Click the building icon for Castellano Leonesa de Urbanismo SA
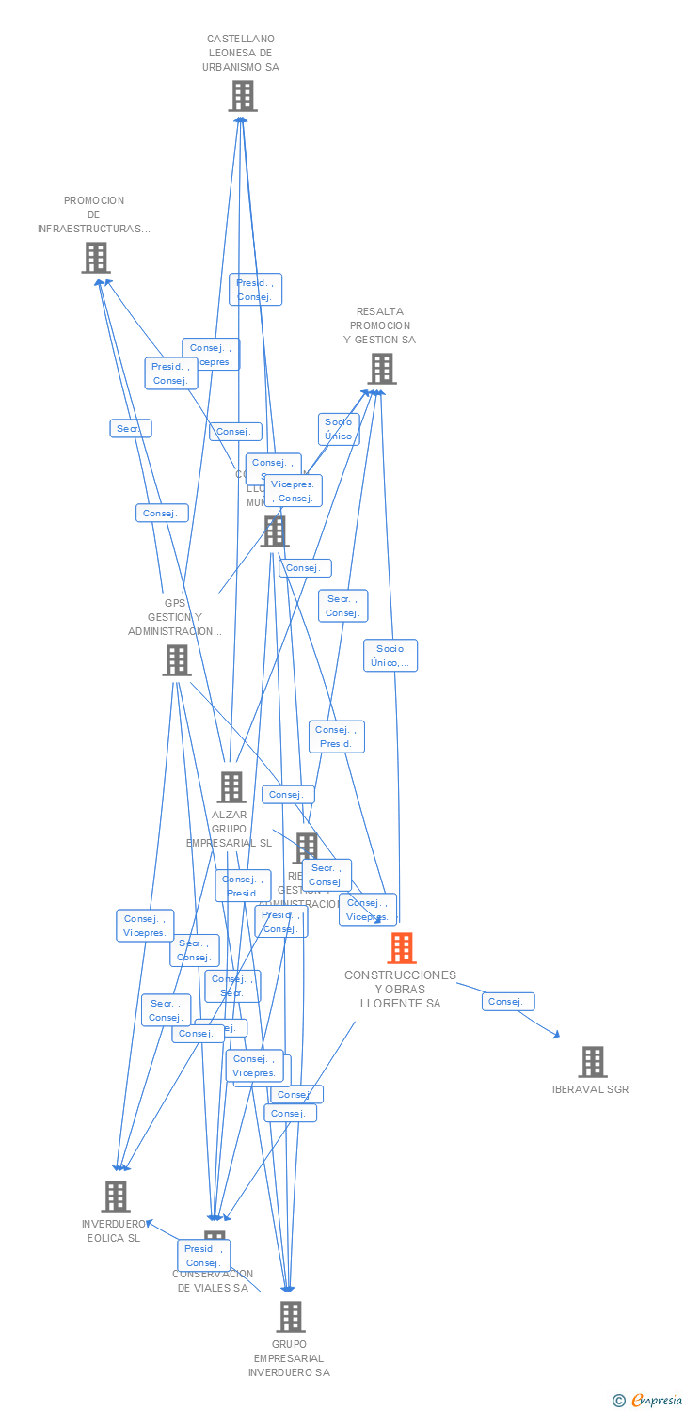(243, 96)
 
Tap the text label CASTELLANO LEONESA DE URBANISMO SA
(241, 54)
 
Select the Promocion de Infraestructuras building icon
(96, 258)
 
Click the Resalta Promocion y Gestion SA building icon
(381, 369)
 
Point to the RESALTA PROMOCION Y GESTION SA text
(379, 325)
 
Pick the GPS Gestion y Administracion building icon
(177, 660)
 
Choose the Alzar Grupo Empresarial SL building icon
(231, 787)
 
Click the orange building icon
(402, 948)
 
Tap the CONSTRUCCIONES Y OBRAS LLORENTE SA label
(400, 990)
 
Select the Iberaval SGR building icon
(593, 1062)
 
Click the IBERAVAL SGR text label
(591, 1089)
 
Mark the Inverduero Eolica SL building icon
(116, 1197)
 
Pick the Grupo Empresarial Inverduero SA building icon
(291, 1317)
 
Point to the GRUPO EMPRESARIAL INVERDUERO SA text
(289, 1358)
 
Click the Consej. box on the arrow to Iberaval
(508, 1002)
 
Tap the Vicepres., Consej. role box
(294, 491)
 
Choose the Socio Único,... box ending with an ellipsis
(390, 656)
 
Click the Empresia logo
(650, 1401)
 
